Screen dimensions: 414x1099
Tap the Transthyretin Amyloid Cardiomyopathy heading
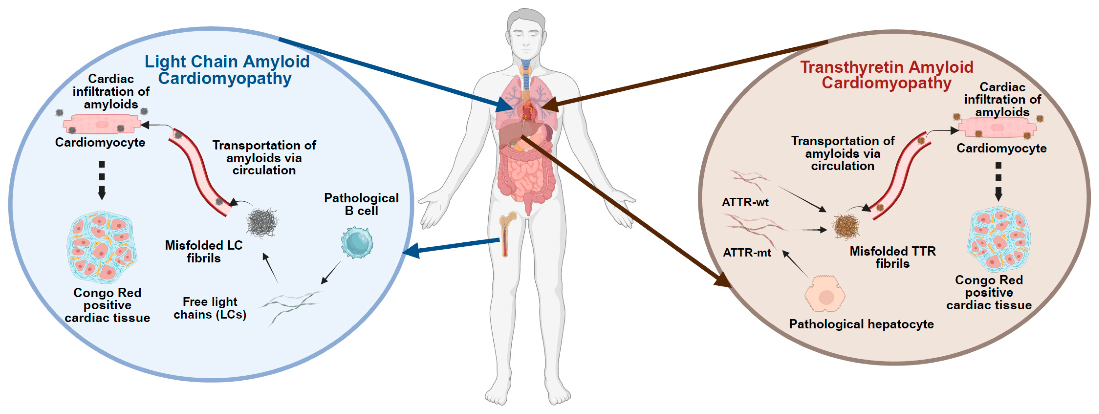point(886,75)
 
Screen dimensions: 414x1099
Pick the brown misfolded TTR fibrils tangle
point(846,226)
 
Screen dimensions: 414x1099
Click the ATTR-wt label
point(745,202)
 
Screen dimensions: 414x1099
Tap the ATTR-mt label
point(747,253)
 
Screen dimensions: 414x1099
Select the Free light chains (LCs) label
point(210,308)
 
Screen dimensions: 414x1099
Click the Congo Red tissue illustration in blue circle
point(102,247)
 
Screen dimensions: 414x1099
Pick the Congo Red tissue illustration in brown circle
point(998,239)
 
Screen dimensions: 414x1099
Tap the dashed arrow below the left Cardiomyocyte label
point(102,179)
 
